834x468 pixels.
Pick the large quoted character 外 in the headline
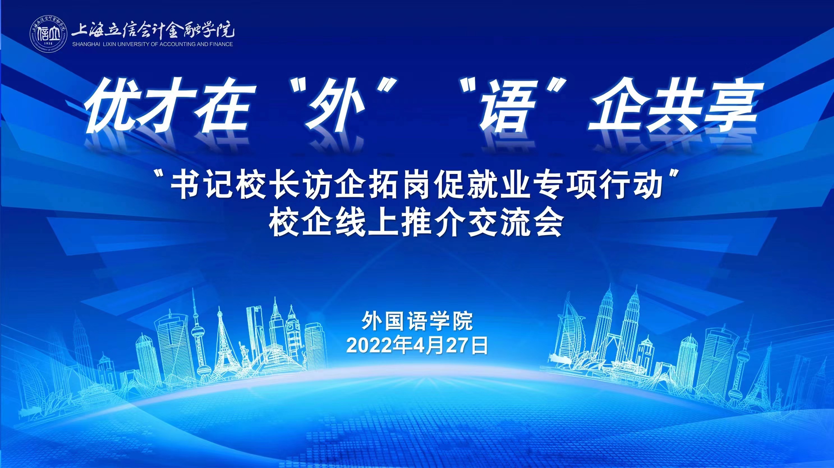click(330, 107)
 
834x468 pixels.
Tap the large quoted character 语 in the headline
click(508, 107)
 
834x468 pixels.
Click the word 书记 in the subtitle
click(197, 187)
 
